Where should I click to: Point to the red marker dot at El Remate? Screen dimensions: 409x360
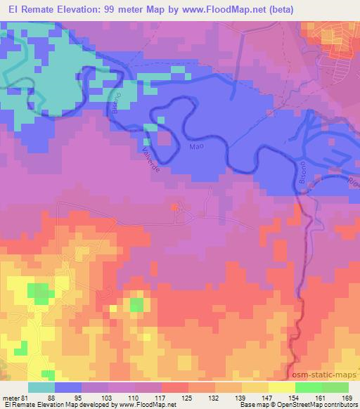click(x=174, y=207)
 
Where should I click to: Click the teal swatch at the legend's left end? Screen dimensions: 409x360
click(x=41, y=387)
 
